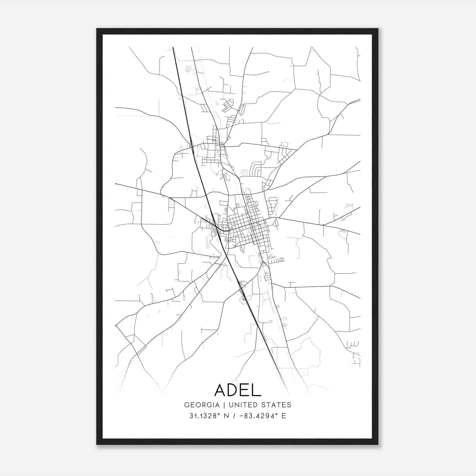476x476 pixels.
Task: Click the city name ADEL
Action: (x=237, y=390)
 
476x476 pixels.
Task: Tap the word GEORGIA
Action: (x=202, y=405)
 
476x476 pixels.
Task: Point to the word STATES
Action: (x=277, y=405)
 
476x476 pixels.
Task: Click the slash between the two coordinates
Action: (x=235, y=416)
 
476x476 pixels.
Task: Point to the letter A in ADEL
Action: (x=221, y=390)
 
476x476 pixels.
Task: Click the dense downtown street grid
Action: (x=247, y=226)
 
